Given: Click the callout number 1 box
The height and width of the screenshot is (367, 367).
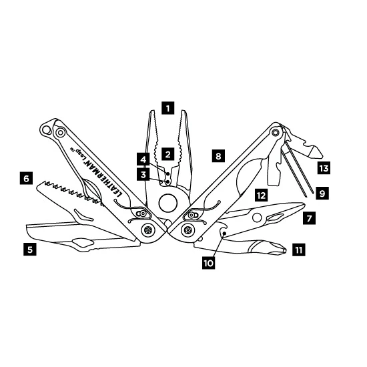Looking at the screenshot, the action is (x=167, y=108).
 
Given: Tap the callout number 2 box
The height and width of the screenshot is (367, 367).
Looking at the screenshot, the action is (x=167, y=154).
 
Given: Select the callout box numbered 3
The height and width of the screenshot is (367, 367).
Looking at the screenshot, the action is (x=143, y=174).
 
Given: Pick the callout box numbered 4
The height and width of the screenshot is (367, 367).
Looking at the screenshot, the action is (x=143, y=159).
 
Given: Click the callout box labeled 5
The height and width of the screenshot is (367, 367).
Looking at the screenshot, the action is (x=30, y=249).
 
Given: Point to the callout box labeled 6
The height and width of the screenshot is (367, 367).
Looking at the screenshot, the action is (x=26, y=178).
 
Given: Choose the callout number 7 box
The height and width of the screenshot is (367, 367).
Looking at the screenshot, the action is (x=309, y=218).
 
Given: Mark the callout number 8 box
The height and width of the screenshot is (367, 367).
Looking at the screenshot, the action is (x=218, y=155).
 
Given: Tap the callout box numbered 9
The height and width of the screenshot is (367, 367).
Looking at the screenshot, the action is (x=322, y=193).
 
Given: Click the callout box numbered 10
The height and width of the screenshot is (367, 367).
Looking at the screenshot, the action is (x=209, y=263).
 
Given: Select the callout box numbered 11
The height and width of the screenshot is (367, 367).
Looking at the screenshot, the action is (x=299, y=250).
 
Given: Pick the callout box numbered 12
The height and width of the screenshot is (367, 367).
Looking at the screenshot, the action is (x=261, y=195).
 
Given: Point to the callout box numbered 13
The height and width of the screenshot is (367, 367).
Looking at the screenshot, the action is (x=324, y=167).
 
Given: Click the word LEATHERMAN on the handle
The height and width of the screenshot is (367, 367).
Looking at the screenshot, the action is (x=103, y=177).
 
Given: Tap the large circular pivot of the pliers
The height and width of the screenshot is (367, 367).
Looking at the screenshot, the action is (x=167, y=203).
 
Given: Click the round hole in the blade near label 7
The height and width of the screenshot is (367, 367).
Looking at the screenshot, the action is (x=257, y=218).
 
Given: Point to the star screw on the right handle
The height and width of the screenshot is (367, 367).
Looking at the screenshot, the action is (x=188, y=230).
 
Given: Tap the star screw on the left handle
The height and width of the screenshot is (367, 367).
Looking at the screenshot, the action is (x=148, y=230).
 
